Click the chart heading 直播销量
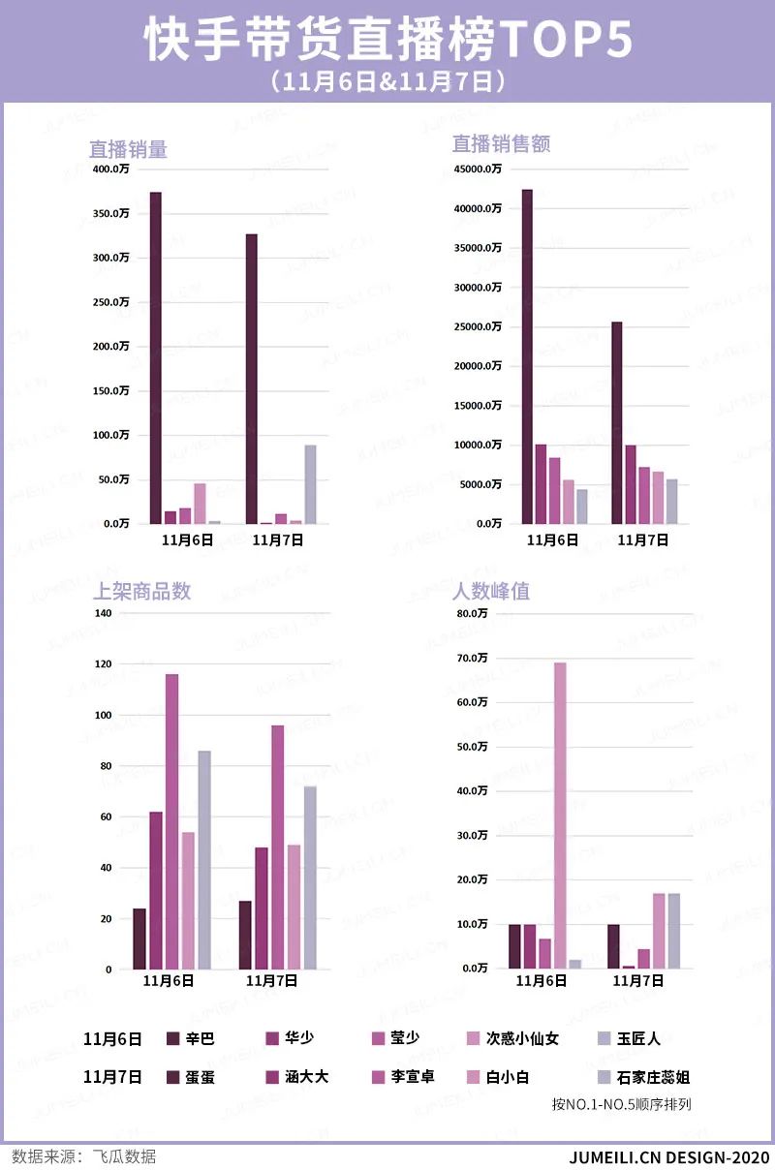tap(128, 149)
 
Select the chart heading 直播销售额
tap(501, 144)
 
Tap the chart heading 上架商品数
tap(140, 591)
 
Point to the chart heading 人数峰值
tap(491, 591)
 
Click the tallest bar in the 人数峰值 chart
tap(560, 814)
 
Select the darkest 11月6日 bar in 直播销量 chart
tap(155, 358)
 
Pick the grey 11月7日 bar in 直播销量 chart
tap(310, 484)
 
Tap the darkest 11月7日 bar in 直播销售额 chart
tap(616, 422)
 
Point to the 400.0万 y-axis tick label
tap(110, 169)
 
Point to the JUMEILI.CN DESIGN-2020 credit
tap(668, 1156)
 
